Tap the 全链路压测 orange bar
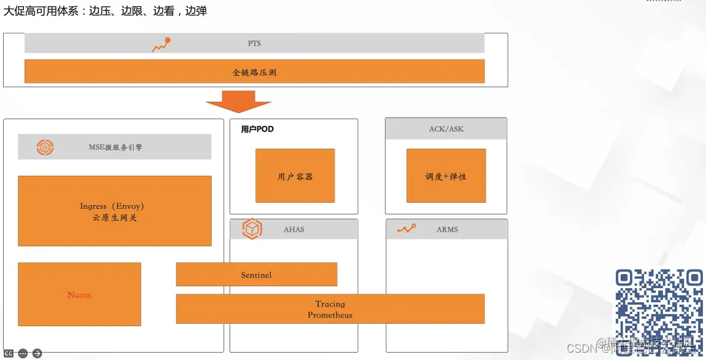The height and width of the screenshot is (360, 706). [254, 71]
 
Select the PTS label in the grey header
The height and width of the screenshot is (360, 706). [254, 44]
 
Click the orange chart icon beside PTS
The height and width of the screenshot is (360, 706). [161, 44]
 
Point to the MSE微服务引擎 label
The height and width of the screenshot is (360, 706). [115, 147]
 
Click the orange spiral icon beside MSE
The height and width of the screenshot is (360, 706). [45, 147]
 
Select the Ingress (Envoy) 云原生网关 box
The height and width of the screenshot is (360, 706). [114, 211]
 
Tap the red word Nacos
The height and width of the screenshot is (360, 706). [79, 295]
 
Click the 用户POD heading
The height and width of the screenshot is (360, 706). [257, 130]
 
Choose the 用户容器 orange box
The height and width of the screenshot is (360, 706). [295, 176]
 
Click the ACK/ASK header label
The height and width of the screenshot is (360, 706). [446, 129]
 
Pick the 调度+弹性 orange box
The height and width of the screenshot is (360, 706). [446, 176]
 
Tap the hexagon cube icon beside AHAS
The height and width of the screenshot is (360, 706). [252, 229]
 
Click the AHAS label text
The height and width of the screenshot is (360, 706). [294, 230]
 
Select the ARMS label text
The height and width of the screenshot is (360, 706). [448, 230]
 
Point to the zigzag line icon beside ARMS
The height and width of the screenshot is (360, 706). [406, 229]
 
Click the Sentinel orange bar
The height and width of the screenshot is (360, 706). [257, 275]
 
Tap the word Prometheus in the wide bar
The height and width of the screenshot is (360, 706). [330, 315]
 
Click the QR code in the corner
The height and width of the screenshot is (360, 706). [659, 305]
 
